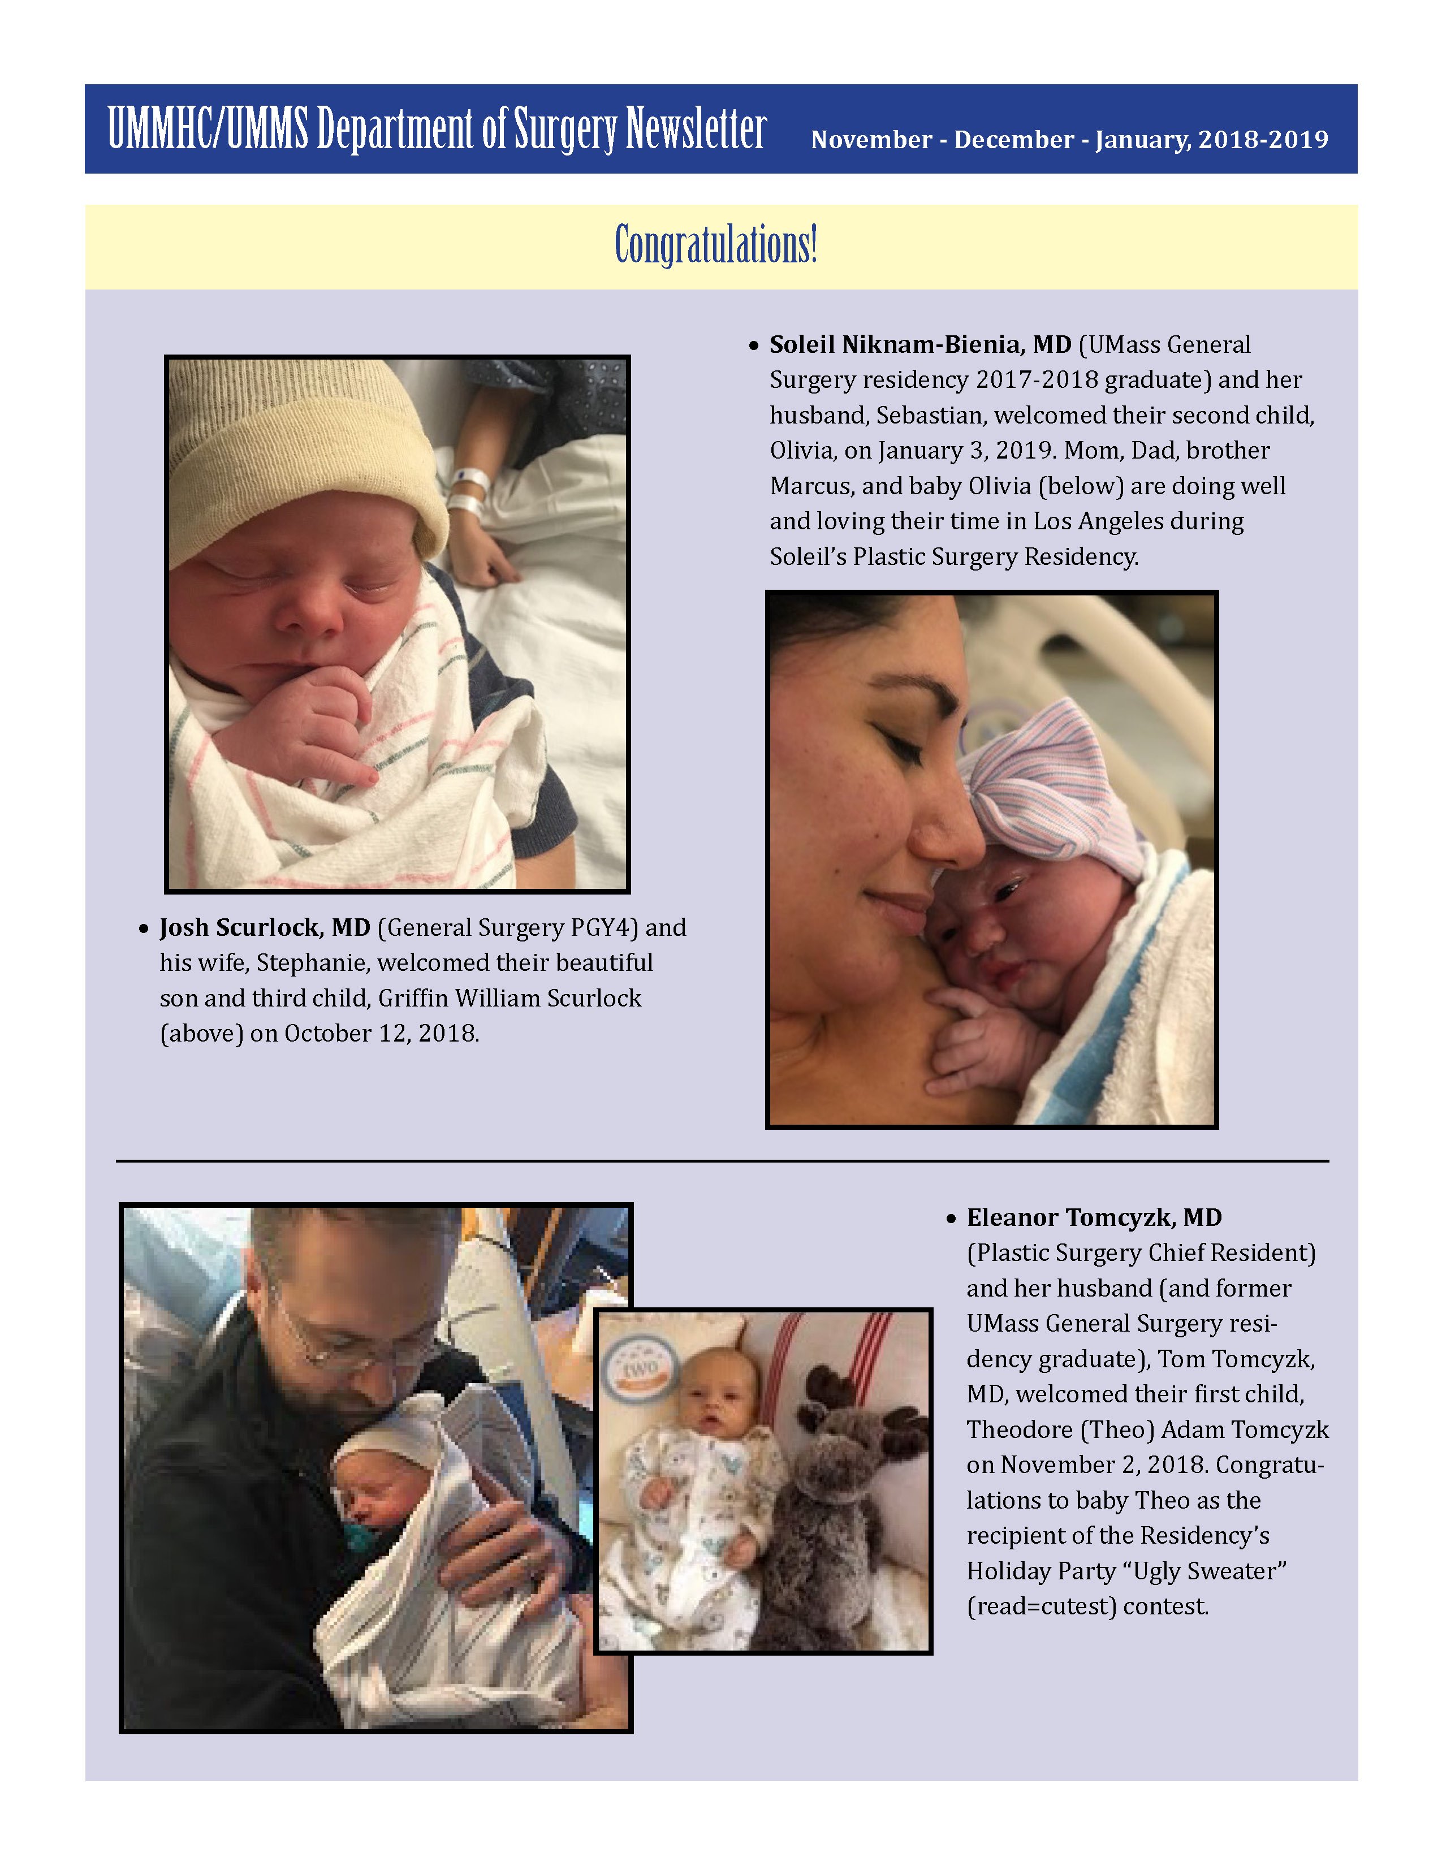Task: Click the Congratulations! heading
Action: tap(716, 245)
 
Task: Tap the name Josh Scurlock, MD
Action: tap(265, 928)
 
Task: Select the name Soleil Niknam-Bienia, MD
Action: tap(920, 344)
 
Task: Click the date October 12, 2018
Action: tap(381, 1034)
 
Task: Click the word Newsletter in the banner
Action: tap(696, 130)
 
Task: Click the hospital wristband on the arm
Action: tap(467, 491)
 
